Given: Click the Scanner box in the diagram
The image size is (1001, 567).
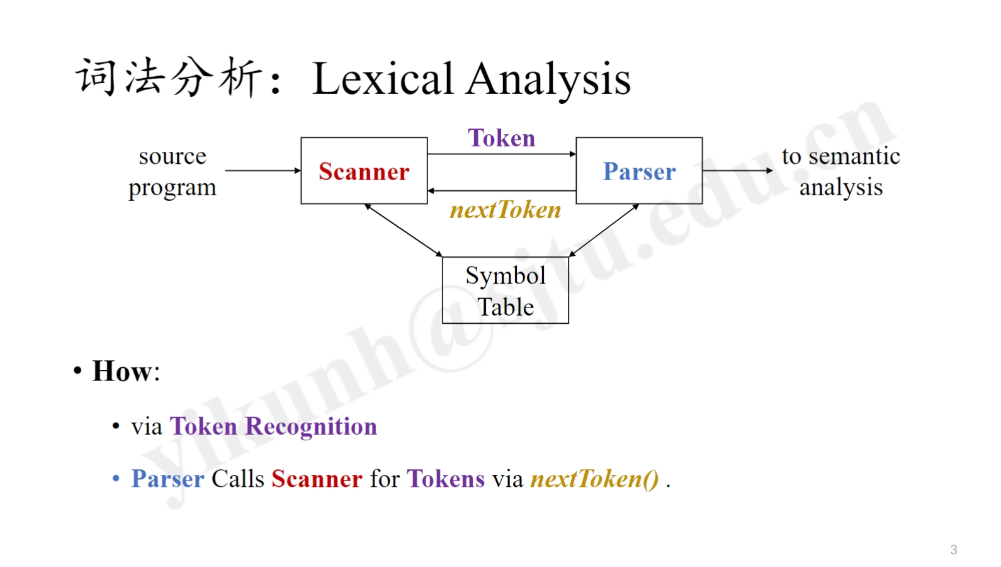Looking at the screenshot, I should coord(364,171).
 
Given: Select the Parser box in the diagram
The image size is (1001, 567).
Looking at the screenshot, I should coord(639,171).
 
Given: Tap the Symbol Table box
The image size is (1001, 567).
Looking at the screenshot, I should coord(506,290).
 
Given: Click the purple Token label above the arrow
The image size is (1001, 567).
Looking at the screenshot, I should coord(501,138).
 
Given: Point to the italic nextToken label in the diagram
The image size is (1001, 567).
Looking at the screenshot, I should coord(506,210).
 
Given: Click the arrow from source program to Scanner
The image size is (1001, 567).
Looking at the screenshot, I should coord(263,170).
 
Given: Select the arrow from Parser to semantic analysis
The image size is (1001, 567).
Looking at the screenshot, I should coord(737,170).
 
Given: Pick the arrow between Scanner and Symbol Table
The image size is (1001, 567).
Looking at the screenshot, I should coord(404,231).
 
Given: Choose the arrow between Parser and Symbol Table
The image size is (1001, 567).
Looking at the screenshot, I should coord(604,231).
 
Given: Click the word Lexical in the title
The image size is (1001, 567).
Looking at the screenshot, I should coord(383,79).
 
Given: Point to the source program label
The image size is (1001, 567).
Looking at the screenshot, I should coord(172,171).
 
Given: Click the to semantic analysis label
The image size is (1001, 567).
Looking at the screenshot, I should coord(840,171).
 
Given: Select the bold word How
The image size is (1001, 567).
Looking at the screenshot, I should coord(121,371).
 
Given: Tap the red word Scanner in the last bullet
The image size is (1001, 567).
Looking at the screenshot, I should coord(317,479).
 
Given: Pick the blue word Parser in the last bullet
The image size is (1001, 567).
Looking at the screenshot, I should coord(167,479).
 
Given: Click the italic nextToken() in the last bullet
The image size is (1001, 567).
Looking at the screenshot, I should coord(594,479).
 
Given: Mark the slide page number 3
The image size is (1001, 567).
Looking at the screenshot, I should coord(954,549).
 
